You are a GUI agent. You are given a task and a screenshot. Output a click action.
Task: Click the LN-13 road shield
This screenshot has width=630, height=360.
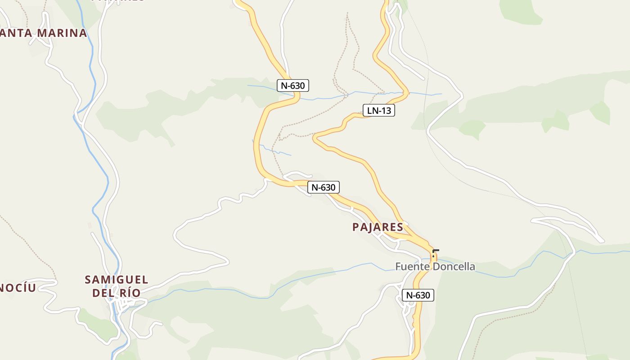pyautogui.click(x=378, y=110)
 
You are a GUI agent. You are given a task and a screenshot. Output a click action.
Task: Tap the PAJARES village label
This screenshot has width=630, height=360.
pyautogui.click(x=378, y=227)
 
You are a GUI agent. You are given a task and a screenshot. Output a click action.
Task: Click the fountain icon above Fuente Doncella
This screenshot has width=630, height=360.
pyautogui.click(x=433, y=255)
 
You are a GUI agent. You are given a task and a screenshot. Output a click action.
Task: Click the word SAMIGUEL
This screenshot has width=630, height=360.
pyautogui.click(x=117, y=280)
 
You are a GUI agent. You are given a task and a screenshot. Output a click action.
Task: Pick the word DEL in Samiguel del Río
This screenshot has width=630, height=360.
pyautogui.click(x=102, y=293)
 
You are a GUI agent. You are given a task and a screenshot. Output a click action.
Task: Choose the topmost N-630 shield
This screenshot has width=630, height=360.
pyautogui.click(x=292, y=85)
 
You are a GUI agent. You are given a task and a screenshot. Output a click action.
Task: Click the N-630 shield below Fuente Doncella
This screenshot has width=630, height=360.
pyautogui.click(x=418, y=295)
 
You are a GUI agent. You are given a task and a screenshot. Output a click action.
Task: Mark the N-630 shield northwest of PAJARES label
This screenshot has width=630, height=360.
pyautogui.click(x=323, y=187)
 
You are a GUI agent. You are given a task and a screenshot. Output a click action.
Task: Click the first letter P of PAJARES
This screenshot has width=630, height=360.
pyautogui.click(x=356, y=227)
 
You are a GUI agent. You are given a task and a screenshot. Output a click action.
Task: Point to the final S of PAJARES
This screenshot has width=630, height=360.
pyautogui.click(x=400, y=227)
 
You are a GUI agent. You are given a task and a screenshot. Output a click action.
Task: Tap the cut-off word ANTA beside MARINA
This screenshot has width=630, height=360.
pyautogui.click(x=16, y=33)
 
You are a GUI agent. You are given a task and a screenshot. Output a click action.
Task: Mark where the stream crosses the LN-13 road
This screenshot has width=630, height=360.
pyautogui.click(x=404, y=93)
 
